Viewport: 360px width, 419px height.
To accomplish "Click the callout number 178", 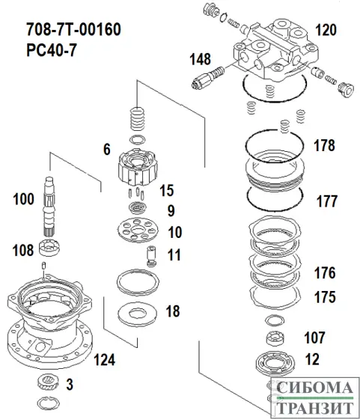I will click(x=323, y=146).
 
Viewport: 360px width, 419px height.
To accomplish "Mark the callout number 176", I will click(x=324, y=272).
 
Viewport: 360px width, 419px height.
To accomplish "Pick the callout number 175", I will click(x=324, y=297).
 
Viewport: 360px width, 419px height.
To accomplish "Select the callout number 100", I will click(x=24, y=199).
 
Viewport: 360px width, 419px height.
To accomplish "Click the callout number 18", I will click(x=172, y=311).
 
